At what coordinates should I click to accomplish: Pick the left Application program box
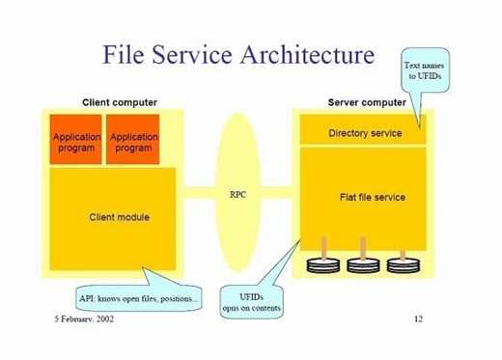click(x=75, y=142)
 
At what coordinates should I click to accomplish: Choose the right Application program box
click(x=132, y=142)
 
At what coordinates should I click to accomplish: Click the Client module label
click(x=119, y=217)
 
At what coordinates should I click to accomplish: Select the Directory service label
click(x=365, y=132)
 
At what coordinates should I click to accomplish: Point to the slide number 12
click(x=418, y=318)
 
